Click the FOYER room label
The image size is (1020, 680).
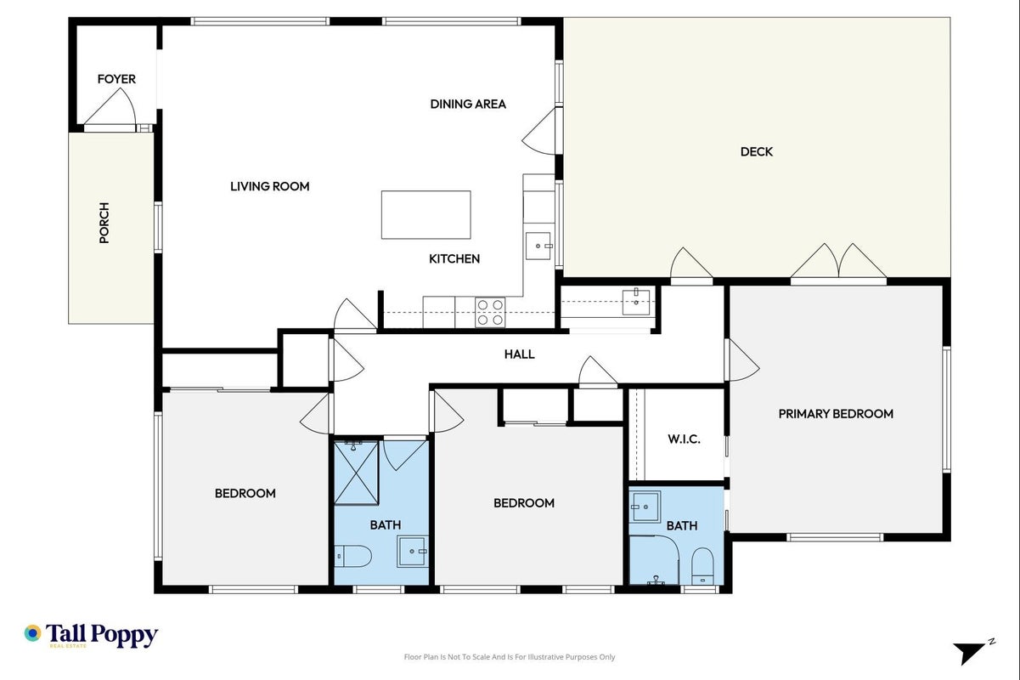coord(116,79)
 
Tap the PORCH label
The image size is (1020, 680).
coord(104,223)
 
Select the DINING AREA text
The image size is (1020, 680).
coord(468,104)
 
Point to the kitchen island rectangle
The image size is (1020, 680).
coord(425,215)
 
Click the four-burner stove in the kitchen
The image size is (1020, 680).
coord(490,312)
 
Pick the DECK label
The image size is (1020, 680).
coord(757,152)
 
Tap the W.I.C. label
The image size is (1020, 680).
coord(684,439)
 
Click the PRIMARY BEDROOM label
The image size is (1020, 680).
coord(836,414)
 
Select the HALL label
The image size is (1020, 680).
coord(519,354)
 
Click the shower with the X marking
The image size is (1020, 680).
coord(356,473)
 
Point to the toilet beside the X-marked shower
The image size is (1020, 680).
coord(353,556)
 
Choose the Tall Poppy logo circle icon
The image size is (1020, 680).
coord(33,633)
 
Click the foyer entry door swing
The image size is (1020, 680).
coord(110,105)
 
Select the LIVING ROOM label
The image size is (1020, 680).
coord(269,186)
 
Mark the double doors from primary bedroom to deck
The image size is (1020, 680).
coord(838,261)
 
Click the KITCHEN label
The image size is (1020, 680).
coord(454,259)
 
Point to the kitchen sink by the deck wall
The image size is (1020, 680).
coord(538,246)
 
